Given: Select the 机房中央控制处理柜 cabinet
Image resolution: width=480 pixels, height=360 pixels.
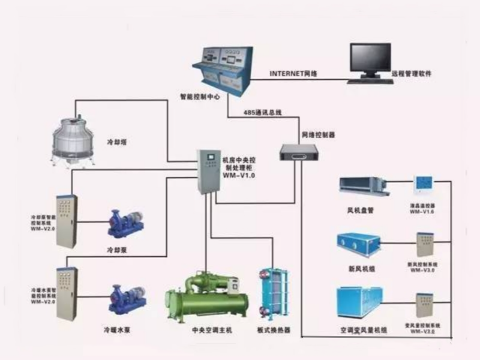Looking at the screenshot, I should pos(209,170).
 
